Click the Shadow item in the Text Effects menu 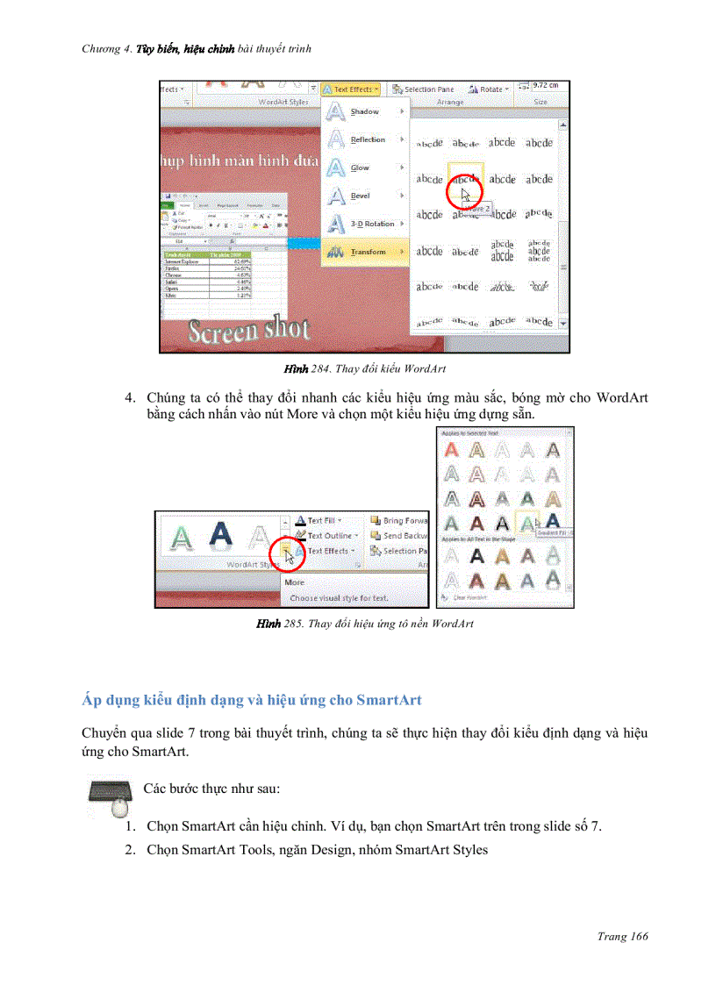coord(364,112)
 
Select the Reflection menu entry coord(367,140)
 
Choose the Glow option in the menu coord(360,168)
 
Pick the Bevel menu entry coord(360,196)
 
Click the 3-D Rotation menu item coord(372,224)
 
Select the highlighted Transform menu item coord(367,252)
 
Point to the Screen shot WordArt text coord(250,331)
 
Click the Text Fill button coord(320,520)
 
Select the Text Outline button coord(329,535)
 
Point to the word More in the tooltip coord(295,582)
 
